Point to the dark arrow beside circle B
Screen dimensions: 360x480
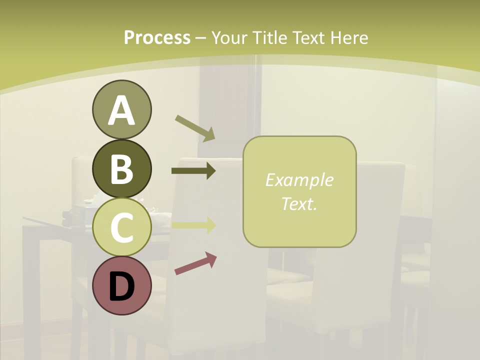pos(193,171)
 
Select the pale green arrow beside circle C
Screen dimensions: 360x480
pos(193,225)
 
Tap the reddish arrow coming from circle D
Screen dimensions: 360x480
pos(195,263)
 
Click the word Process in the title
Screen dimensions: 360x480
pos(157,38)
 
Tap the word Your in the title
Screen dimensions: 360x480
pos(229,38)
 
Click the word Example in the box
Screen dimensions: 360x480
pos(299,180)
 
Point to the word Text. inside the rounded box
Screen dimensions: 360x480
pos(299,203)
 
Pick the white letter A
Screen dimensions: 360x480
pos(121,110)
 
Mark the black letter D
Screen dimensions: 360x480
pos(121,286)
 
